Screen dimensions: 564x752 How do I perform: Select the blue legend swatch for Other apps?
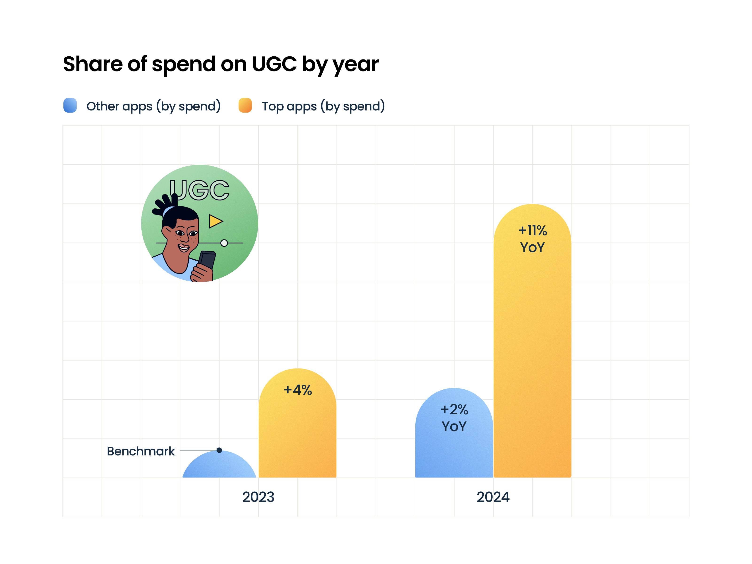click(70, 106)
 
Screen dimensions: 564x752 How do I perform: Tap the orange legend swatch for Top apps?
click(245, 106)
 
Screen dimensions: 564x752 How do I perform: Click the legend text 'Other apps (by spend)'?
click(153, 106)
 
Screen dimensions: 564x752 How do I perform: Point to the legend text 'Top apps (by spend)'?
click(323, 106)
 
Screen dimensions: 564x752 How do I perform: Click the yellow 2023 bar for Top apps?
click(297, 435)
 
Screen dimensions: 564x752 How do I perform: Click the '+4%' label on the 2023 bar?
click(298, 390)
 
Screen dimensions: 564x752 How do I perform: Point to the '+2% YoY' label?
click(454, 418)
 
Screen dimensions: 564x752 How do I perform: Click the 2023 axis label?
click(258, 497)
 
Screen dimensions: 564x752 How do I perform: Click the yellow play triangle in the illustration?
click(215, 221)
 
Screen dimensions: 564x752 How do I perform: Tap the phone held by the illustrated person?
click(207, 260)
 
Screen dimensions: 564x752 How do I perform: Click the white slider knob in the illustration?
click(224, 243)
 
